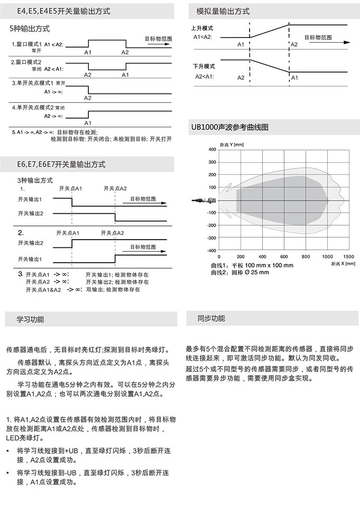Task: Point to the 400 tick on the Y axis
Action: coord(213,150)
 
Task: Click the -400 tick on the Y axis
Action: coord(212,250)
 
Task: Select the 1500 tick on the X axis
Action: coord(348,256)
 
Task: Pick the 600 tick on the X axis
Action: coord(284,256)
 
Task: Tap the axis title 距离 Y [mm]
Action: coord(231,144)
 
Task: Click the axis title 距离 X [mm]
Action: coord(343,264)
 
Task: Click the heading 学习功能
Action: coord(30,319)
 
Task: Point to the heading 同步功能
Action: coord(211,318)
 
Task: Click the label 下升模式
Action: coord(204,66)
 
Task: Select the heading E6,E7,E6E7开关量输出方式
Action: coord(61,164)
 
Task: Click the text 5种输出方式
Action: coord(30,29)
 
